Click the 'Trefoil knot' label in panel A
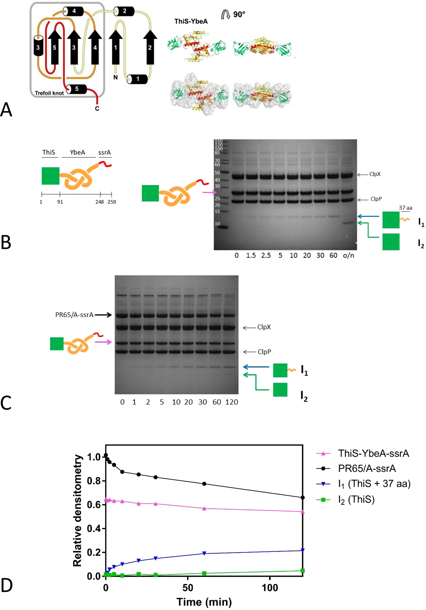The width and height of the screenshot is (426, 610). click(x=49, y=93)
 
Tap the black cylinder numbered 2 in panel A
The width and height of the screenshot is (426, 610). click(x=124, y=11)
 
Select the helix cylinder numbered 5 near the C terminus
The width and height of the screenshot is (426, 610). click(x=77, y=89)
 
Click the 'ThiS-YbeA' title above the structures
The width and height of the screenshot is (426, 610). click(x=191, y=21)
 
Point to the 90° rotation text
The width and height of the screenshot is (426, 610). click(x=239, y=14)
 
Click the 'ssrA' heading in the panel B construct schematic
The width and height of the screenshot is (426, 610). click(x=104, y=152)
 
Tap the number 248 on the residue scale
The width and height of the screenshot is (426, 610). click(x=100, y=202)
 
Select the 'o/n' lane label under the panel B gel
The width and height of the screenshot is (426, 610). click(x=348, y=255)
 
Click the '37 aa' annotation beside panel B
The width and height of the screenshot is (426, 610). click(x=405, y=208)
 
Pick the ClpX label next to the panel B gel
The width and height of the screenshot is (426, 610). click(x=375, y=174)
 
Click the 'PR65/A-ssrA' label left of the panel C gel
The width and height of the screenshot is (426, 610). click(x=74, y=315)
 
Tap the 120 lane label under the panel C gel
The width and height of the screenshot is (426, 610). click(x=231, y=402)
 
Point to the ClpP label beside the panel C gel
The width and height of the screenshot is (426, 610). click(x=264, y=352)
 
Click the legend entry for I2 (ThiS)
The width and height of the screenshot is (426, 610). click(x=356, y=500)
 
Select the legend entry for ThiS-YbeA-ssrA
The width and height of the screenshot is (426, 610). click(x=373, y=453)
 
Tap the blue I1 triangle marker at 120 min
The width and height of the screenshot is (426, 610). click(x=303, y=550)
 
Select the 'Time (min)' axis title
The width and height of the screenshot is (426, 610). click(x=204, y=602)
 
